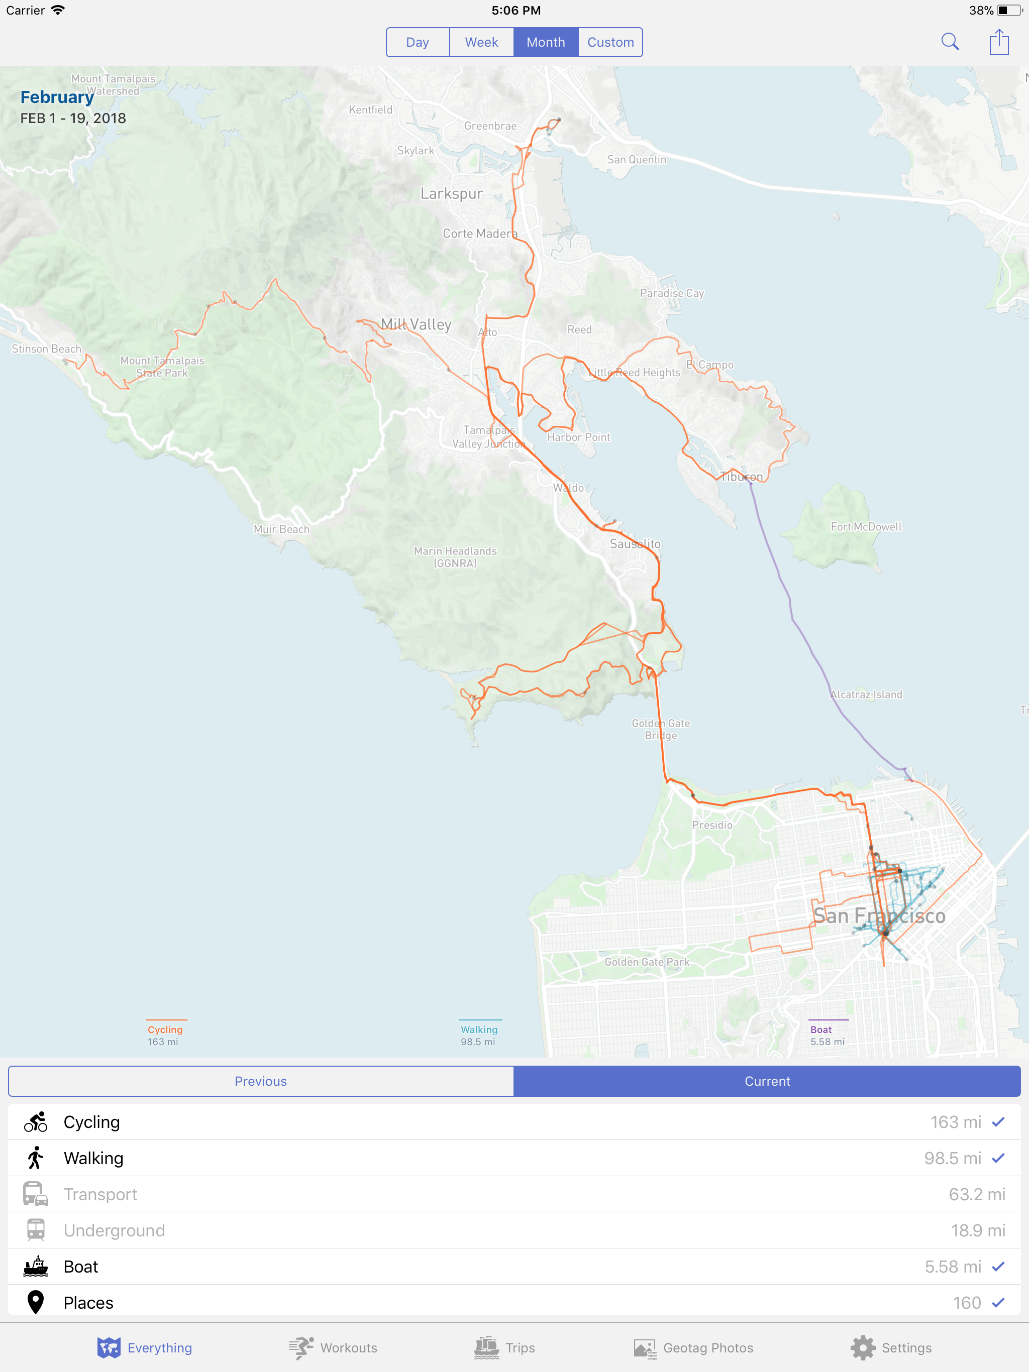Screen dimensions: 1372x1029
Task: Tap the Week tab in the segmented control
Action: (482, 42)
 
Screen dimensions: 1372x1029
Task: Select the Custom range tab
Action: (610, 42)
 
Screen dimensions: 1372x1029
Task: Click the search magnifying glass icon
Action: (950, 42)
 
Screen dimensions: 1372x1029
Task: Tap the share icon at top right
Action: (998, 42)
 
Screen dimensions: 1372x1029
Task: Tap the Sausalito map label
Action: (635, 544)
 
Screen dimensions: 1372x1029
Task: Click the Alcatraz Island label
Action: (866, 695)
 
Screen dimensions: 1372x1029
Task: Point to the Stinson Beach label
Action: (47, 349)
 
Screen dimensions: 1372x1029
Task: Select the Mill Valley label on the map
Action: (416, 324)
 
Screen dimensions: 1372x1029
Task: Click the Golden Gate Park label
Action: (647, 962)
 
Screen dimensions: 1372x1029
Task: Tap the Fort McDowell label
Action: (866, 527)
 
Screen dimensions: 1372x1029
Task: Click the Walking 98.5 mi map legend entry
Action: (478, 1035)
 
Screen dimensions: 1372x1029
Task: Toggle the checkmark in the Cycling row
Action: (998, 1122)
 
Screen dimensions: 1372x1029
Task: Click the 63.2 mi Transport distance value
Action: (976, 1195)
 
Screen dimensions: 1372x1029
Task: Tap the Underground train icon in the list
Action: (35, 1230)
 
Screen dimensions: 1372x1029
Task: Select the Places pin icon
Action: (35, 1303)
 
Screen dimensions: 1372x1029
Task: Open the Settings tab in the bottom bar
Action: (891, 1348)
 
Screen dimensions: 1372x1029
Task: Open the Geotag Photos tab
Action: (693, 1348)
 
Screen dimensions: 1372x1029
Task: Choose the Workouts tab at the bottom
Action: (333, 1348)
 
